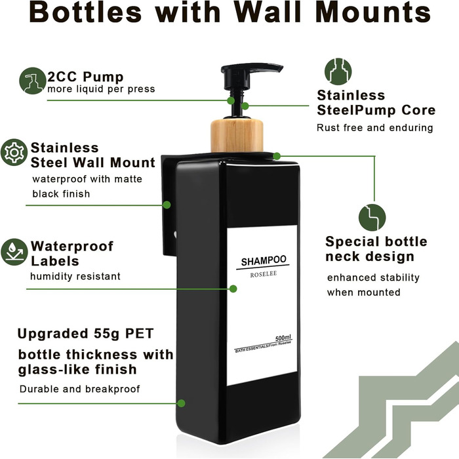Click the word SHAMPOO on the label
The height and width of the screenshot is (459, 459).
tap(264, 260)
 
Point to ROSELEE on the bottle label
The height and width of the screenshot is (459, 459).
tap(264, 274)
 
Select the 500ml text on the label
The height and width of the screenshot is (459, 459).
tap(283, 338)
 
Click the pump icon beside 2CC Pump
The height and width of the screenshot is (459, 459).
tap(33, 81)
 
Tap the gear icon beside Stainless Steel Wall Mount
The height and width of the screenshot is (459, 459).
tap(14, 152)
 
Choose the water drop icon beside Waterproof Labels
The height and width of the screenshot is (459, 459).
tap(14, 252)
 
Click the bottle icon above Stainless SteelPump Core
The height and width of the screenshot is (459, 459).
tap(338, 71)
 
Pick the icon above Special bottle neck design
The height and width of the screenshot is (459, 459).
tap(372, 218)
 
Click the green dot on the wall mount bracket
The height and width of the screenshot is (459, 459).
tap(167, 205)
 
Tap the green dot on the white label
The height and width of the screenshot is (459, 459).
tap(233, 289)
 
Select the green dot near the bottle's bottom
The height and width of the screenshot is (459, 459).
tap(182, 403)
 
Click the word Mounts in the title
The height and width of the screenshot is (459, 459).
tap(373, 12)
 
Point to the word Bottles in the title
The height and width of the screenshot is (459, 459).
tap(85, 12)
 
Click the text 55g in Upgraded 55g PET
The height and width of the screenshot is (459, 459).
tap(107, 334)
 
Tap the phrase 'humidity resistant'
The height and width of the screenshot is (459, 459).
tap(75, 276)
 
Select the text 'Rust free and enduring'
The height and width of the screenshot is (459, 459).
tap(374, 128)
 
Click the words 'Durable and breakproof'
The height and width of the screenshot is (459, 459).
tap(79, 389)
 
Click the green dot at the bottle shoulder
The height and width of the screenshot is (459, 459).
tap(277, 156)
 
